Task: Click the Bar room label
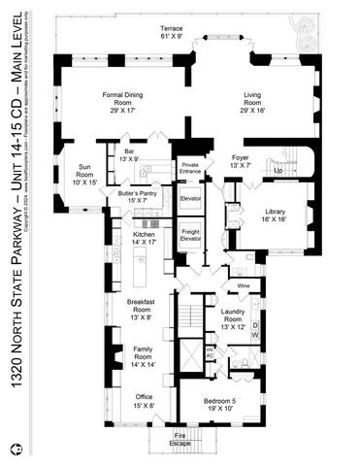point(129,155)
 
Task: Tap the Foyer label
point(241,161)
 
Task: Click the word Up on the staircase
point(280,169)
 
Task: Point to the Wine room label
point(243,286)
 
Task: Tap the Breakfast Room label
point(141,309)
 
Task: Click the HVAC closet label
point(211,352)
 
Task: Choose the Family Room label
point(141,360)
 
